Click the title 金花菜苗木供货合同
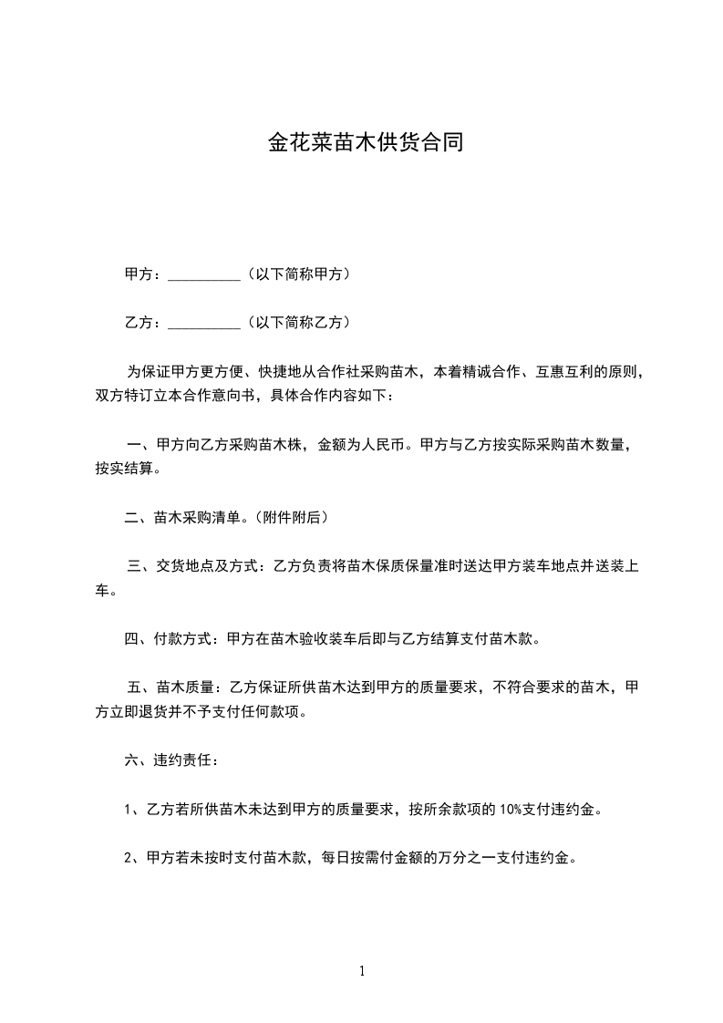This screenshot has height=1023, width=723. [x=365, y=142]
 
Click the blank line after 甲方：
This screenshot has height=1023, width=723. [x=204, y=274]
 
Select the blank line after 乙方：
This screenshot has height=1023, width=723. [x=204, y=323]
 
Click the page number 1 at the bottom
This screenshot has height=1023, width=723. [x=362, y=971]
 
